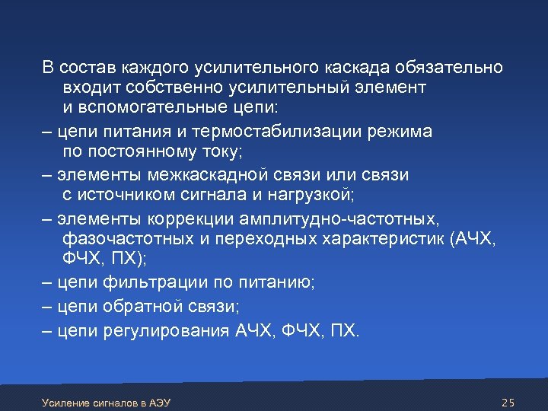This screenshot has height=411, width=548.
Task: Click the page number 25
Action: tap(509, 401)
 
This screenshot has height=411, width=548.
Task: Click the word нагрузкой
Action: tap(308, 196)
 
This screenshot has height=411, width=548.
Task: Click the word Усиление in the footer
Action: tap(64, 402)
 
